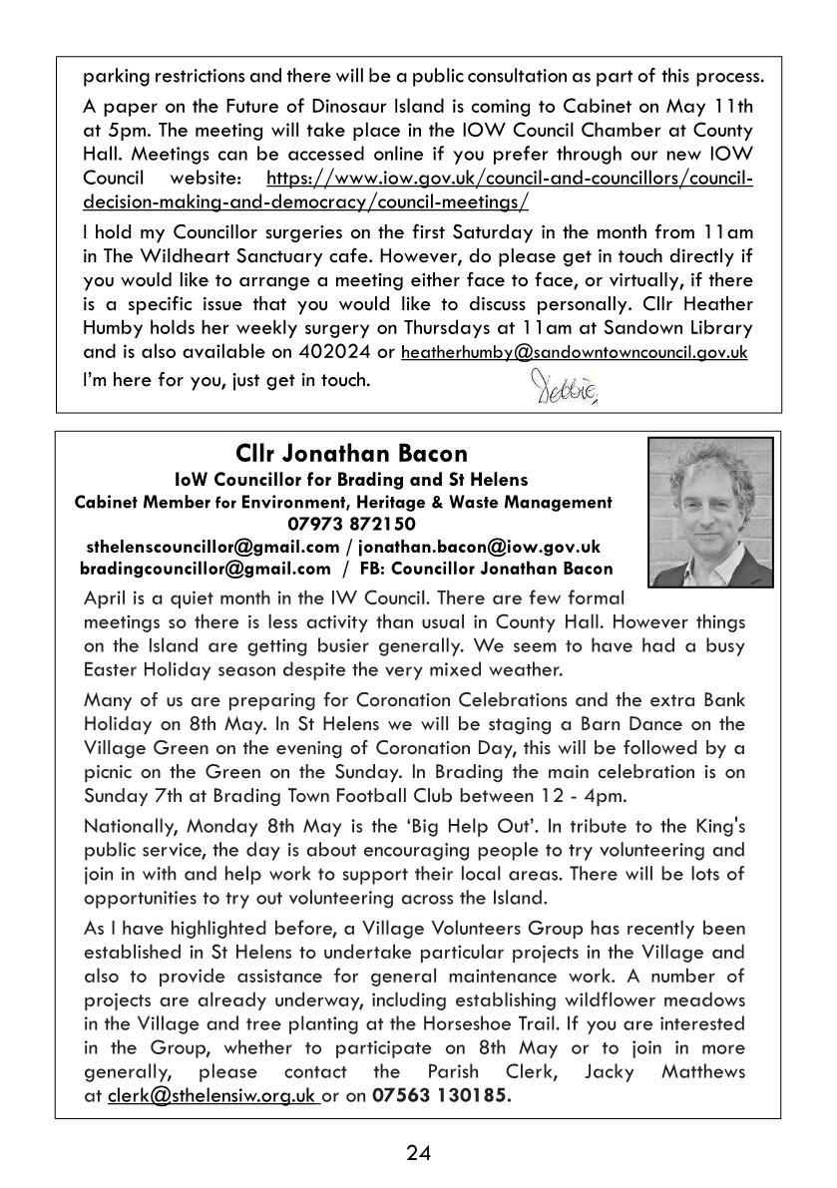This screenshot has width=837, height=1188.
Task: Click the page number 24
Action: click(418, 1154)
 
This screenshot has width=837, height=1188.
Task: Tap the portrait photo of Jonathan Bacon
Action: click(710, 512)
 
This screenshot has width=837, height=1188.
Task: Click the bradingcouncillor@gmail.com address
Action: click(205, 569)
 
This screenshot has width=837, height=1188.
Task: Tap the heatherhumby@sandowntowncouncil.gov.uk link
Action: click(575, 352)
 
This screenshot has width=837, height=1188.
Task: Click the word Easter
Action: click(110, 668)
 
